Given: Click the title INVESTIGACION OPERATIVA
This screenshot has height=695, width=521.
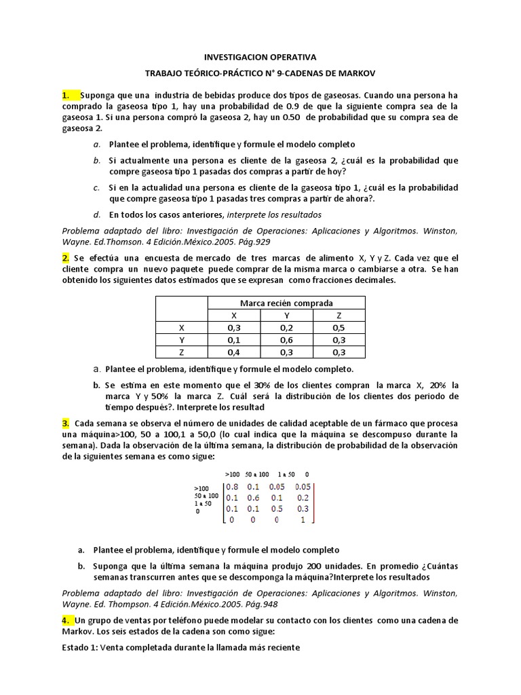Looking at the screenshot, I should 260,58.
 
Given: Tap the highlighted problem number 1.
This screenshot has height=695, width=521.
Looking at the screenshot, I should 67,96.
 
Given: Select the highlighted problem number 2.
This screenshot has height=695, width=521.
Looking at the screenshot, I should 66,259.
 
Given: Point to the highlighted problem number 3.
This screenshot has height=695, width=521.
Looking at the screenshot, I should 66,423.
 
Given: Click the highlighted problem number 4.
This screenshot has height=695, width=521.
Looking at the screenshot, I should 66,620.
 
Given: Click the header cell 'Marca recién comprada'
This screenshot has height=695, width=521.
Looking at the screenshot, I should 286,303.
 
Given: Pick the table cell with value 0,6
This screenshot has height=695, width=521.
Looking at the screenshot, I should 286,339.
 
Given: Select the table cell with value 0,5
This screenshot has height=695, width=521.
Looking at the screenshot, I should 339,327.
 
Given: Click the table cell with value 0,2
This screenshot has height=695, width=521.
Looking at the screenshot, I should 286,327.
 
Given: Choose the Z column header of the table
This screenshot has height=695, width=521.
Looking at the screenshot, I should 339,315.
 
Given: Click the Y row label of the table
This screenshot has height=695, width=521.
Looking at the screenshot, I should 181,339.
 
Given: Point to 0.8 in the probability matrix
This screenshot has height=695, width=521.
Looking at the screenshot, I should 232,487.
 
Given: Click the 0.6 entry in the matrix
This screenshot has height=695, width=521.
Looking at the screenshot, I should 253,497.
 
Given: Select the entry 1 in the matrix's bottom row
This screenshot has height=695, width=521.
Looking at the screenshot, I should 303,519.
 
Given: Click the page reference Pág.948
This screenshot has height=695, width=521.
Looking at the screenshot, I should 259,603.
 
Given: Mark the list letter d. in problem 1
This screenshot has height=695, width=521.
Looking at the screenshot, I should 98,214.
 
